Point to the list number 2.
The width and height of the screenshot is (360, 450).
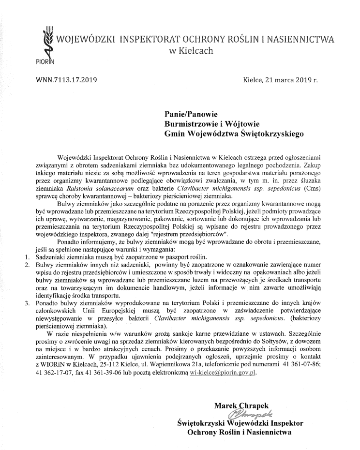[x=27, y=265]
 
